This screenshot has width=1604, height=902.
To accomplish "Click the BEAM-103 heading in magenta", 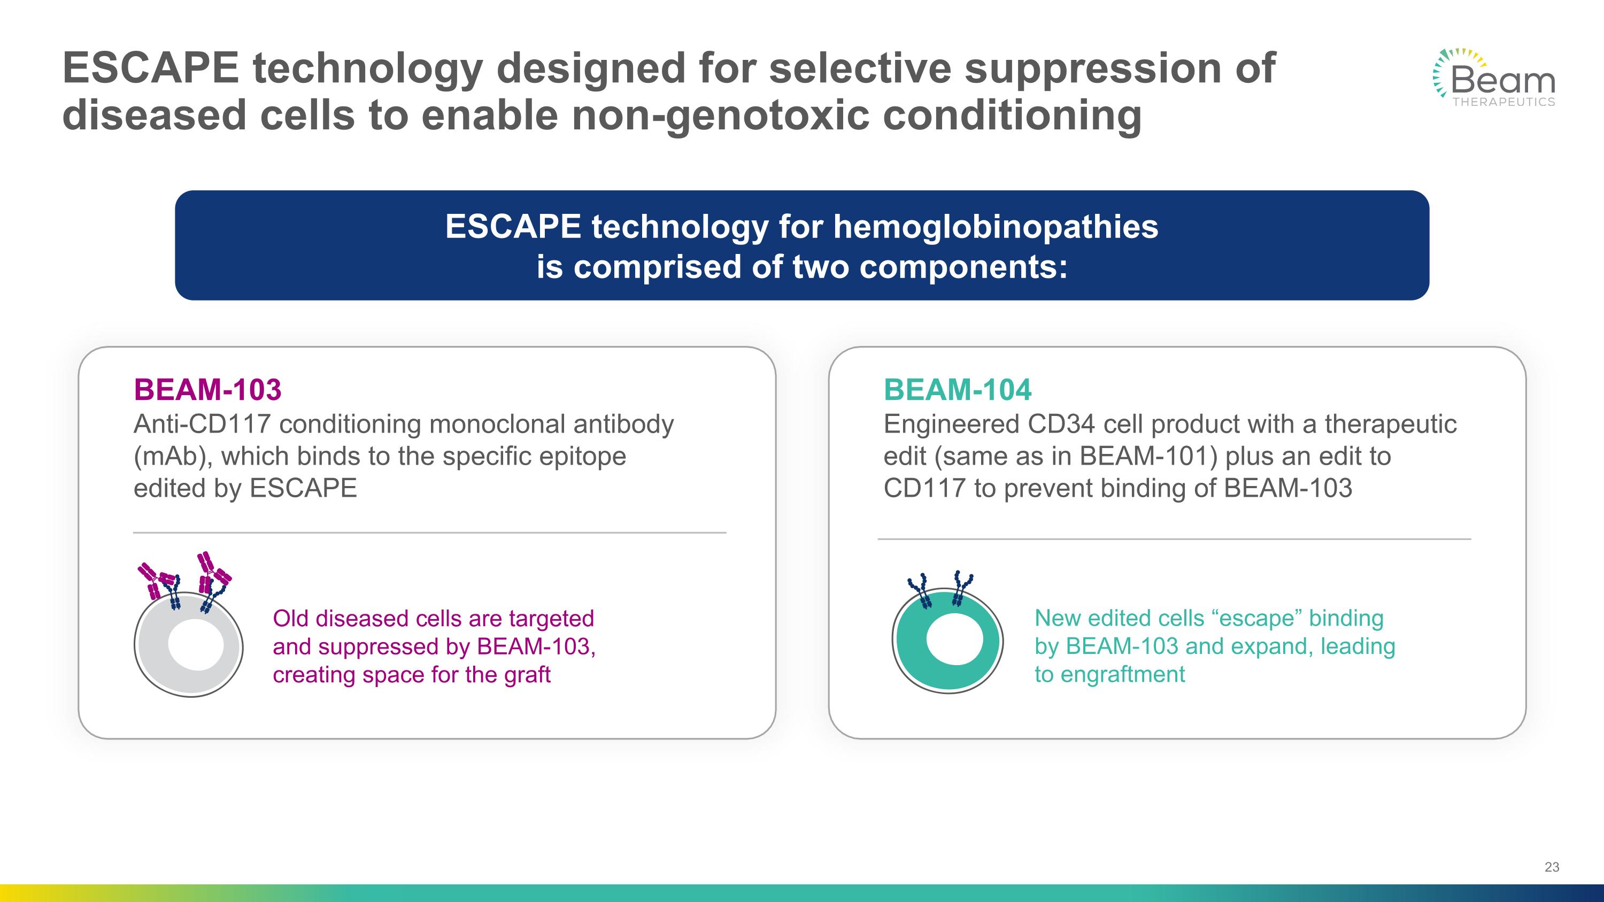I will [207, 390].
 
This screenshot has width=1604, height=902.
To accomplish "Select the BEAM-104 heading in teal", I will [957, 390].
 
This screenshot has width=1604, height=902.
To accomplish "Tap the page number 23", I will [1552, 867].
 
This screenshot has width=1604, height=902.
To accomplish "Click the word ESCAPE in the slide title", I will [151, 68].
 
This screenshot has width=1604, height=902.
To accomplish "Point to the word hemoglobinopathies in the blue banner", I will [995, 227].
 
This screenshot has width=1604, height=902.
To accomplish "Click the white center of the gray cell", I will [196, 644].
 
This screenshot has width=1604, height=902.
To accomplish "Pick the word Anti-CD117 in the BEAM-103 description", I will [202, 425].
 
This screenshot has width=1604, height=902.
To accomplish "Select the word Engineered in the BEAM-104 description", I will [951, 425].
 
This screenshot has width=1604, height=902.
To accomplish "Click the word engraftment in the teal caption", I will [1122, 675].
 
